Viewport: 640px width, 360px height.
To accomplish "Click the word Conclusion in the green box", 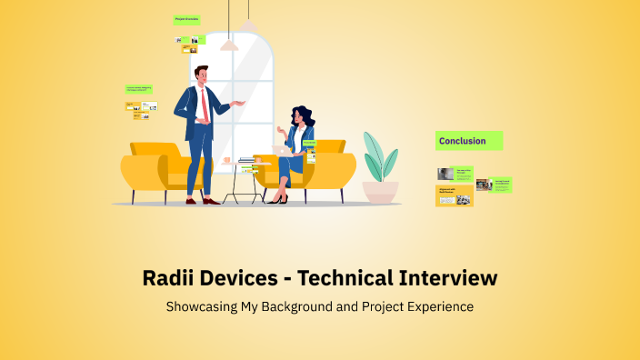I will tap(463, 141).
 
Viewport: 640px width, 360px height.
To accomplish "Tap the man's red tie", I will tap(205, 105).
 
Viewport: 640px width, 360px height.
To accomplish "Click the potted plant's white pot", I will tap(380, 191).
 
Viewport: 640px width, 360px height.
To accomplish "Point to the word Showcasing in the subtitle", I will tap(201, 307).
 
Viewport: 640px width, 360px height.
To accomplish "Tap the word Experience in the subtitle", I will tap(440, 307).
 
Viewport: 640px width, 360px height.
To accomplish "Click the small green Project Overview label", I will tap(186, 18).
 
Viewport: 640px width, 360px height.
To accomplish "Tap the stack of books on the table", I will tap(247, 163).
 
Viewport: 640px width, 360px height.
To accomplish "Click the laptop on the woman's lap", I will tap(281, 148).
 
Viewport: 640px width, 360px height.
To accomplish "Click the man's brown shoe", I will tap(210, 201).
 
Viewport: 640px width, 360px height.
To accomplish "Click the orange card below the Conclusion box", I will tap(455, 195).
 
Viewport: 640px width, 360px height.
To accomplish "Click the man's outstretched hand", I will tap(241, 103).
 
